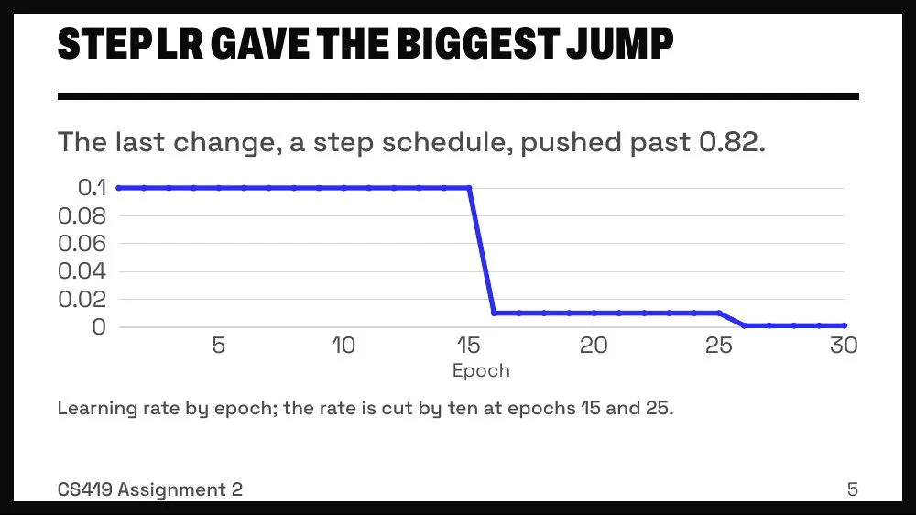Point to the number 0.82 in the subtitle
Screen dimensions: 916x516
(x=732, y=142)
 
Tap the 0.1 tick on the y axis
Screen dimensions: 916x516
(x=93, y=188)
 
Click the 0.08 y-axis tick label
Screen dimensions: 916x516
(x=82, y=215)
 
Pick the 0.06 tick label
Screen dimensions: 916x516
(x=82, y=243)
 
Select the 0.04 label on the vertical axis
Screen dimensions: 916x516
(x=82, y=271)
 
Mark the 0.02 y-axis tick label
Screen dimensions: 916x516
(x=82, y=299)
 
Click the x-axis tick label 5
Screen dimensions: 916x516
(x=219, y=346)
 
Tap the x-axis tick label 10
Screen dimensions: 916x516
(x=343, y=346)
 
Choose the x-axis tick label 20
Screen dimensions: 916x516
(x=594, y=346)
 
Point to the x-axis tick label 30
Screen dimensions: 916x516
(x=844, y=346)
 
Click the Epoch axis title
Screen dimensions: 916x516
(x=482, y=371)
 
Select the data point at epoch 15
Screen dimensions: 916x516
(x=469, y=188)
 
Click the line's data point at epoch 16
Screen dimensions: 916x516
(x=495, y=313)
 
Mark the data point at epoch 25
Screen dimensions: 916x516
(x=719, y=313)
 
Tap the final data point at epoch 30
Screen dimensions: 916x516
(x=845, y=325)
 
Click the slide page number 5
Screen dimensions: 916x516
(x=852, y=489)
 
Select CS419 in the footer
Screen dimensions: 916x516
(x=84, y=489)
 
